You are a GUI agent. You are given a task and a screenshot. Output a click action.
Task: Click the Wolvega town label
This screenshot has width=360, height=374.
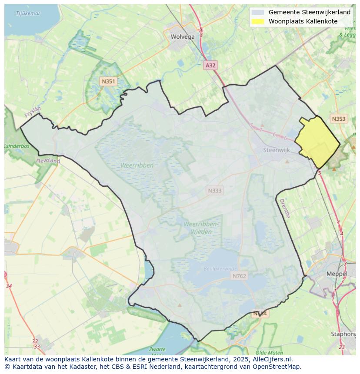pos(183,37)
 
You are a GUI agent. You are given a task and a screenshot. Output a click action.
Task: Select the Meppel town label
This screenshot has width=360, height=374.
pos(337,274)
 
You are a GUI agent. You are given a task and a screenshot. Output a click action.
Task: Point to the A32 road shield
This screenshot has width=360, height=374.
pos(210,65)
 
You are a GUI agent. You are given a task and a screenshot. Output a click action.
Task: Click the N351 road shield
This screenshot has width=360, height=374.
pos(108,81)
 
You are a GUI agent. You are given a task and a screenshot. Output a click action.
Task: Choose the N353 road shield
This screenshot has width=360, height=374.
pos(338,119)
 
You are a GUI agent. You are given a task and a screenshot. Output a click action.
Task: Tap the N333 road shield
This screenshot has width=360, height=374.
pos(214,191)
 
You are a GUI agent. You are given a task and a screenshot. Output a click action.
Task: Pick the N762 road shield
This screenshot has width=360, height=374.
pos(239,276)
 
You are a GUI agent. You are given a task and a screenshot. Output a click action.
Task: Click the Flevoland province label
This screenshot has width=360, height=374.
pos(48,161)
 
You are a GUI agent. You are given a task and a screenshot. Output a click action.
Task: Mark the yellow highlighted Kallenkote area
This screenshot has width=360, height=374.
pos(318,142)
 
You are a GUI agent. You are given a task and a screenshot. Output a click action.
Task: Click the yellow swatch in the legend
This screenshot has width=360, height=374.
pos(258,21)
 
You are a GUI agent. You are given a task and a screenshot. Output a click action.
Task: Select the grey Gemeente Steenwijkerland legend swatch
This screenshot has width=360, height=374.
pos(258,12)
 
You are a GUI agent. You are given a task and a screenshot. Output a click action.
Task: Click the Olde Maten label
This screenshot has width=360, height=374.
pos(270,353)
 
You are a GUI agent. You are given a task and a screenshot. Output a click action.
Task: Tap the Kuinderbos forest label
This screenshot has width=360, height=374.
pos(17,146)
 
